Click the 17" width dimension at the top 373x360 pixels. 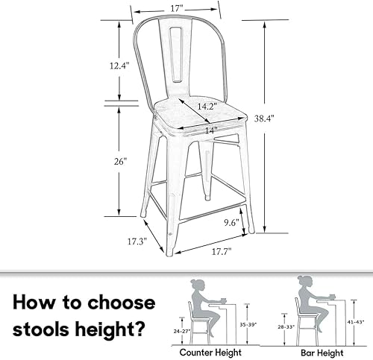click(176, 9)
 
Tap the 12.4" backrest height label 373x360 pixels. click(119, 66)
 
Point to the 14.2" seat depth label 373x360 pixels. click(196, 106)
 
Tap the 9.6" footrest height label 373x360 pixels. click(231, 221)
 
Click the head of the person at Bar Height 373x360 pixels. click(304, 281)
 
